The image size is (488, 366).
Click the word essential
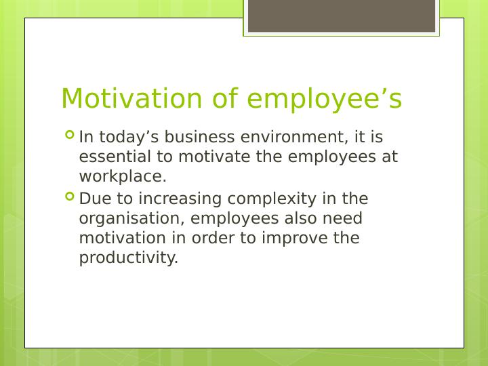tap(111, 157)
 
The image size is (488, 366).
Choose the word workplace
tap(122, 177)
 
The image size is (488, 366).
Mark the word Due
tap(93, 199)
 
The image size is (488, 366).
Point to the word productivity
tap(128, 258)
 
